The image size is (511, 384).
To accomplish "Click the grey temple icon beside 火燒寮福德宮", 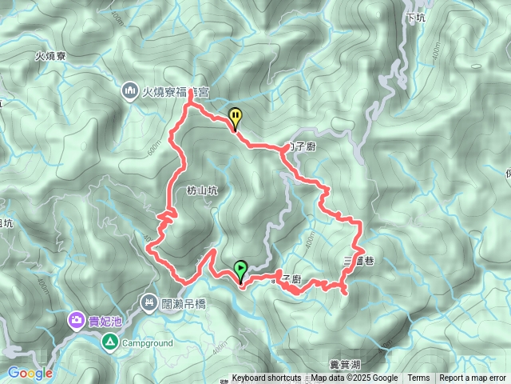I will coord(130,93).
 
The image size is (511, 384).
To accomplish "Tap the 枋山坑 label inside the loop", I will coord(201,190).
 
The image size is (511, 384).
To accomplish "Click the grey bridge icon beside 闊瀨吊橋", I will coord(149,302).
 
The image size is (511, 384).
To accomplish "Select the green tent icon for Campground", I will coord(110,342).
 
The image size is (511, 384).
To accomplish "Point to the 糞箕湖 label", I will coord(345,364).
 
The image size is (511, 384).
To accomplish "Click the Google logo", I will coord(30,373).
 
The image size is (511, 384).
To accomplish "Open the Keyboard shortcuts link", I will coord(267,378).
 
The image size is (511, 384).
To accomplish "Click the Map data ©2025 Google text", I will coord(355,378).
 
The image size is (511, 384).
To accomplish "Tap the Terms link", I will coord(418,378).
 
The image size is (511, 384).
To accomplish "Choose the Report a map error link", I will coord(473,378).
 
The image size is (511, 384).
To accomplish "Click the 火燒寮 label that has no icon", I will coord(50,57).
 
